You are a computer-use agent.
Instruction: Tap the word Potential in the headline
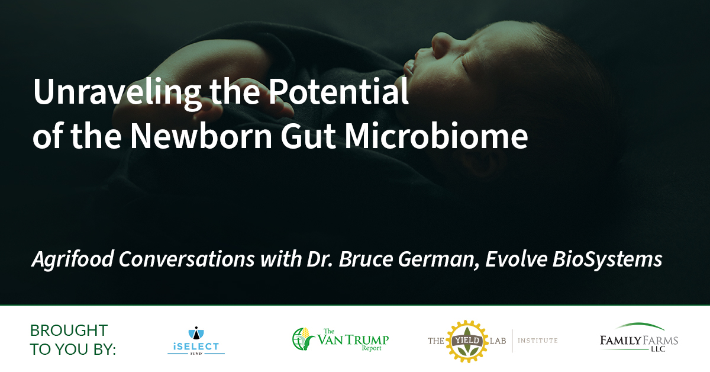[338, 91]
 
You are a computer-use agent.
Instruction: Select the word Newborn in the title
[201, 136]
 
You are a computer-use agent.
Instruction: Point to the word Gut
[308, 136]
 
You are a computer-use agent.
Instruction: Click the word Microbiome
[436, 136]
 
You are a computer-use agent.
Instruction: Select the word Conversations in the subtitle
[187, 259]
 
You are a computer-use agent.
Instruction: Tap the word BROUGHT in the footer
[69, 331]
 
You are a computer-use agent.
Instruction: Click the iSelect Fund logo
[196, 340]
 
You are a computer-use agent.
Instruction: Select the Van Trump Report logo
[340, 339]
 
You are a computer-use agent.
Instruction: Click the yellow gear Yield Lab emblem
[467, 341]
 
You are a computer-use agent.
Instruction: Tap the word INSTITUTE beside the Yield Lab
[538, 341]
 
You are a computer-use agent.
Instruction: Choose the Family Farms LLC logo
[638, 338]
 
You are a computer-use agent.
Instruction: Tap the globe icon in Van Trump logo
[299, 339]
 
